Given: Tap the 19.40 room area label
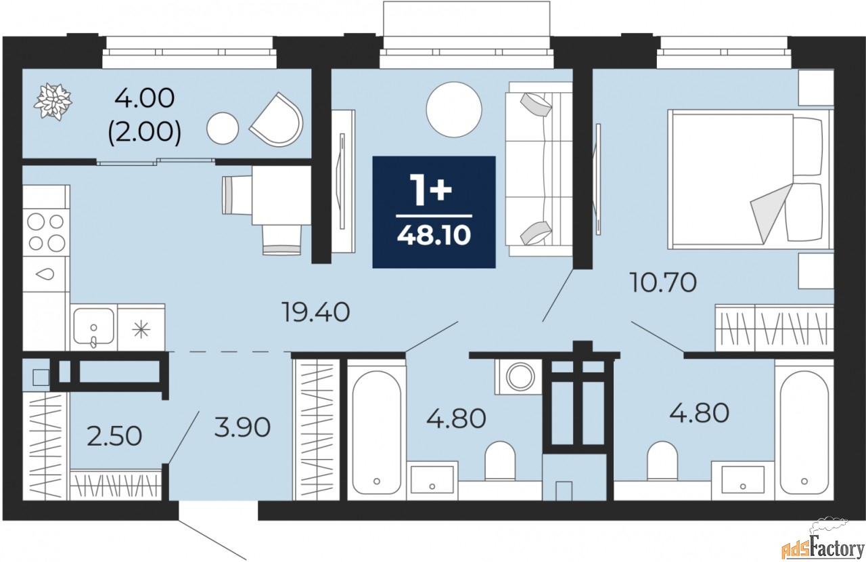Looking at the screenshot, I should [316, 312].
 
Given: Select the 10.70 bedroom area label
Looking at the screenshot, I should [662, 282].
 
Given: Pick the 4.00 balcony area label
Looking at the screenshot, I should [145, 98].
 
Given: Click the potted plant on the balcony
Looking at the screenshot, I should [53, 101].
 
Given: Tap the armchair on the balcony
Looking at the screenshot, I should [276, 121].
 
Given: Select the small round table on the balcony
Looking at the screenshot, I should [223, 128].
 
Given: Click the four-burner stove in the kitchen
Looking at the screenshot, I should [46, 232].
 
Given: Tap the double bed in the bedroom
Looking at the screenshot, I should [748, 178].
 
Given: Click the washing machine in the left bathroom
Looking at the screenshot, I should [520, 376].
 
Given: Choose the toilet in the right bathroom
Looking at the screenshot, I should [662, 460].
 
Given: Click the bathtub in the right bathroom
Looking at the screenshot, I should [804, 431].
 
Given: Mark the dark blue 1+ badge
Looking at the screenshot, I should [434, 211].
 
